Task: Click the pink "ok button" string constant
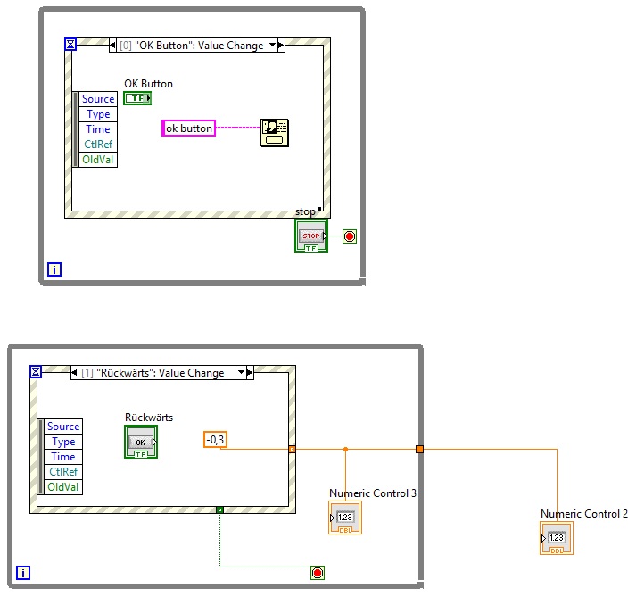click(189, 128)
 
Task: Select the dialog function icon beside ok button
click(274, 131)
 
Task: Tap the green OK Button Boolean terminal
click(137, 98)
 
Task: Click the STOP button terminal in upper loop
click(311, 236)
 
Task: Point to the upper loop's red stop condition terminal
click(350, 236)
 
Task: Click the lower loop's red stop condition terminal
click(318, 573)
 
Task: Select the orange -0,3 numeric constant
click(214, 439)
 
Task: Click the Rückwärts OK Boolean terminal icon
click(141, 442)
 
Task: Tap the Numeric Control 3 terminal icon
click(345, 518)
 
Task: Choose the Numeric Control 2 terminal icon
click(557, 538)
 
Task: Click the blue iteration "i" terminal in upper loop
click(54, 269)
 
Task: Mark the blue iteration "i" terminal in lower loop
click(23, 574)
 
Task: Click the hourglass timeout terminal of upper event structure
click(71, 44)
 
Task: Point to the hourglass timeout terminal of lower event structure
click(37, 371)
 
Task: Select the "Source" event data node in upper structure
click(98, 99)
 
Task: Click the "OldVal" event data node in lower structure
click(63, 487)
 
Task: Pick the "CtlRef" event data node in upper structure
click(98, 145)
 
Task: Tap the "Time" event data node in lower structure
click(63, 457)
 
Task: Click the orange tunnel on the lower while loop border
click(419, 449)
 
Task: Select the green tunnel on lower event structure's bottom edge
click(219, 509)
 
